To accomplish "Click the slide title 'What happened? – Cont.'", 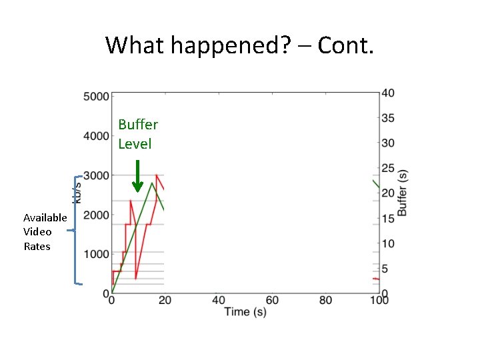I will click(x=240, y=45).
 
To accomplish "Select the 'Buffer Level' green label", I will click(x=138, y=134).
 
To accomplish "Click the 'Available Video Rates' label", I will click(x=45, y=232).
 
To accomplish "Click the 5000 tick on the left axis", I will click(x=96, y=97).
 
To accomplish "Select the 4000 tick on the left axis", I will click(x=96, y=136).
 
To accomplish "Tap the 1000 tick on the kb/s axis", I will click(x=96, y=254).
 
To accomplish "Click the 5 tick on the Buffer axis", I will click(x=385, y=269).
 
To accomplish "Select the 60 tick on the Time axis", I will click(x=272, y=301).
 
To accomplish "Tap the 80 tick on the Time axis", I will click(x=325, y=301).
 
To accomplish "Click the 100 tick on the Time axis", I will click(x=379, y=301).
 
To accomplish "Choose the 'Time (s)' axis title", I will click(x=245, y=312).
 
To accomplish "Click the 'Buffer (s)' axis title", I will click(x=402, y=192).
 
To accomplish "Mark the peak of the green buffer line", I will click(x=153, y=182).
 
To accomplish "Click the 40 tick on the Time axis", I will click(x=219, y=301).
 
